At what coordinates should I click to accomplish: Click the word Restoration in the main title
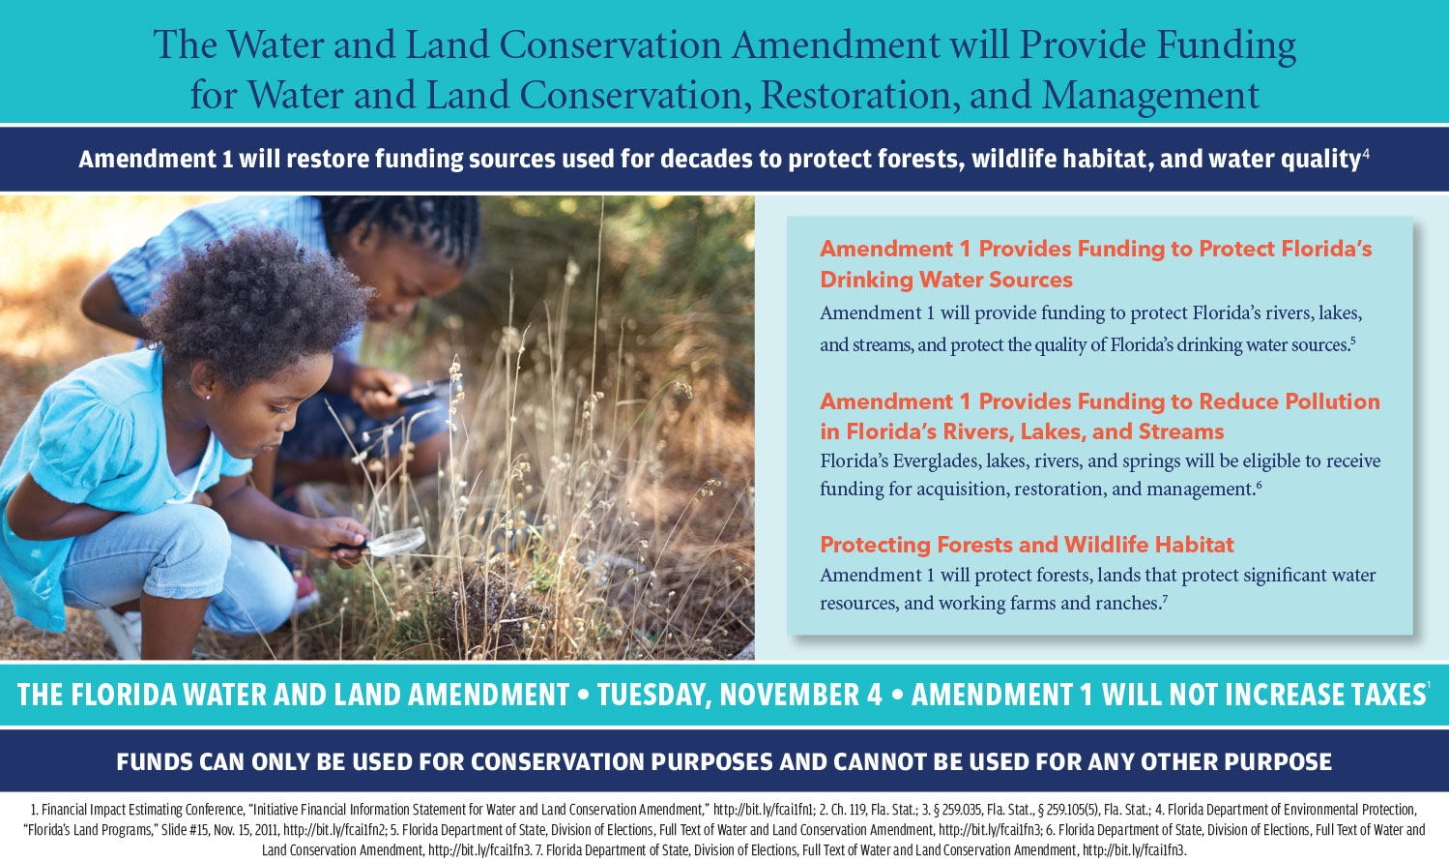click(854, 95)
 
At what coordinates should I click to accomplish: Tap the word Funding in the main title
click(1227, 46)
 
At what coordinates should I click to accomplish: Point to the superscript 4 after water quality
click(1366, 153)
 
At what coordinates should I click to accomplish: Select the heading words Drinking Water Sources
click(946, 280)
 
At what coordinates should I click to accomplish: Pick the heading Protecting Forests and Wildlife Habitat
click(1028, 545)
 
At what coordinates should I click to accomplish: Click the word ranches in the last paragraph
click(1126, 604)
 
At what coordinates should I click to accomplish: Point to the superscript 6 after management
click(1259, 483)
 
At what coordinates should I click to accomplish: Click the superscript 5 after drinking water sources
click(1352, 339)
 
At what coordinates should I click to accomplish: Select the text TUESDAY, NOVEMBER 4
click(739, 695)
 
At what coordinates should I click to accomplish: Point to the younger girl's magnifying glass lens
click(396, 543)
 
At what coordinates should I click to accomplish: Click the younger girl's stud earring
click(208, 398)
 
